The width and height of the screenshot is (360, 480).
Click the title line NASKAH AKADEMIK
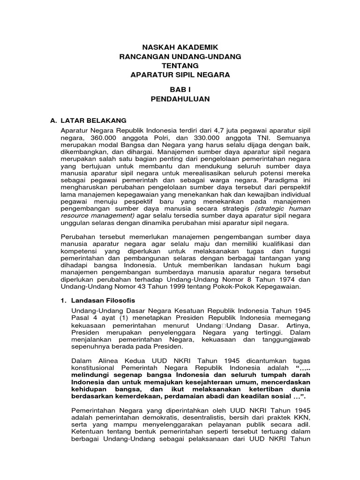tap(180, 47)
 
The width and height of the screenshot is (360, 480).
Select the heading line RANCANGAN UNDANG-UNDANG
tap(180, 56)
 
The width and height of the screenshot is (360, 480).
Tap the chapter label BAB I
tap(180, 89)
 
